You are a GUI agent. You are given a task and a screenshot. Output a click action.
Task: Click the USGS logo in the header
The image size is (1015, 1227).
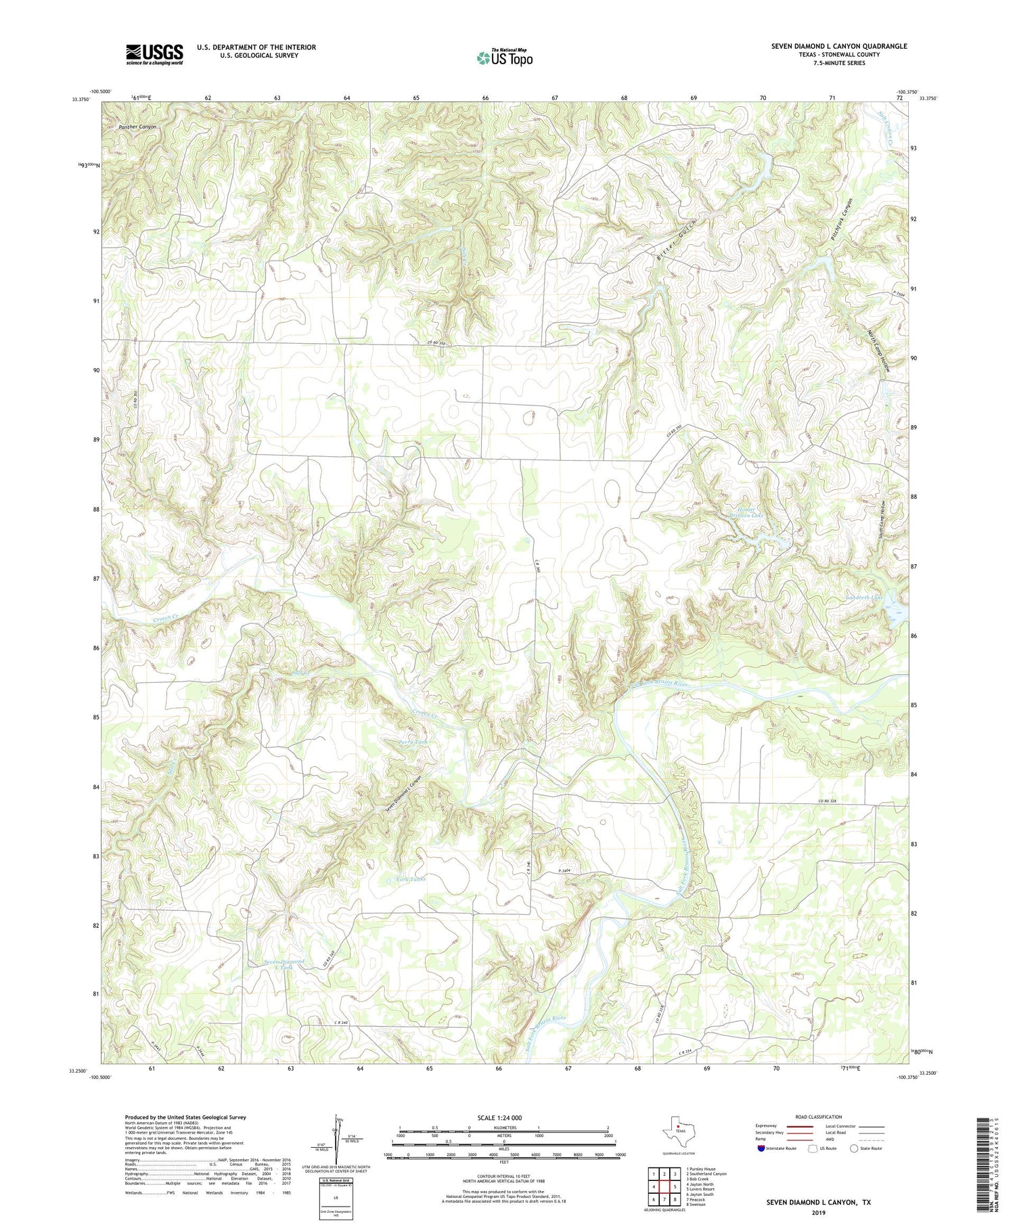tap(154, 54)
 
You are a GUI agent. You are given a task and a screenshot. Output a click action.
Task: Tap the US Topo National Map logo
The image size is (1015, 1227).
tap(504, 58)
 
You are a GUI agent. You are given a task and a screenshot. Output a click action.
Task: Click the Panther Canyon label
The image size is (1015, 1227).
tap(137, 127)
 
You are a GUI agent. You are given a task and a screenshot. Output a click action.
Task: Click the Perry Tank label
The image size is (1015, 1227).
tap(413, 742)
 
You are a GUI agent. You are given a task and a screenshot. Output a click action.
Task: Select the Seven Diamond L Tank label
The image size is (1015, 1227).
tap(284, 964)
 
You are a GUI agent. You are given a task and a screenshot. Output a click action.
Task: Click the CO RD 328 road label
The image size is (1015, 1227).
tap(827, 801)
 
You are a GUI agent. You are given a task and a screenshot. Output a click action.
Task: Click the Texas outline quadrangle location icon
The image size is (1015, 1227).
tap(677, 1129)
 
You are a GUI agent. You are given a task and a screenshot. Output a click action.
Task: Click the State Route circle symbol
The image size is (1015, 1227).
tap(855, 1148)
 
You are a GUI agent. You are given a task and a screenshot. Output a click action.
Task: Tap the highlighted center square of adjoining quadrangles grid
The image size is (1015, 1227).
tap(664, 1186)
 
